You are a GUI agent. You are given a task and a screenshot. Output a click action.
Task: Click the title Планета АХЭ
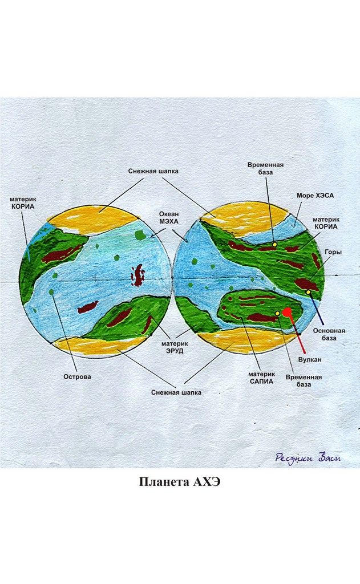(x=180, y=481)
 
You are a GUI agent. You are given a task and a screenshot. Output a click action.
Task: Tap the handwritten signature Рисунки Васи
(x=308, y=457)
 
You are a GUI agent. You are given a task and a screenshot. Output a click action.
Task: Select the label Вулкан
(x=310, y=360)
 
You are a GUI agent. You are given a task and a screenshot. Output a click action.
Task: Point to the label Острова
(x=77, y=376)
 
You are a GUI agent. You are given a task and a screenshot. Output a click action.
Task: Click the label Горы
(x=333, y=252)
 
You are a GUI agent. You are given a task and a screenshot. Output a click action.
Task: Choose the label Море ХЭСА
(x=315, y=196)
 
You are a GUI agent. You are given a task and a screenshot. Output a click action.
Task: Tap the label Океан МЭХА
(x=169, y=218)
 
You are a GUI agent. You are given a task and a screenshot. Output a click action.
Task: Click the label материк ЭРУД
(x=175, y=347)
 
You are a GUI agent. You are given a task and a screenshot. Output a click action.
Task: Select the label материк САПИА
(x=261, y=378)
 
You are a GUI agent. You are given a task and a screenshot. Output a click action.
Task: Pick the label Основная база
(x=329, y=334)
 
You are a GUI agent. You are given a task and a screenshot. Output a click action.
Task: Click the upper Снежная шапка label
(x=153, y=171)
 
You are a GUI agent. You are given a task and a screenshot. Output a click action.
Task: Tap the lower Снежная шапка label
(x=176, y=392)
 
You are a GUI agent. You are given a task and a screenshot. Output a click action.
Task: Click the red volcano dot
(x=287, y=312)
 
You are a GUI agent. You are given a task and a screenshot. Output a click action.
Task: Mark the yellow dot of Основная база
(x=308, y=292)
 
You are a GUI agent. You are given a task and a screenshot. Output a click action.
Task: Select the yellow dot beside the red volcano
(x=277, y=314)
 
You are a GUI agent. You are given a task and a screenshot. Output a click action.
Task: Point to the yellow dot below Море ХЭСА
(x=274, y=245)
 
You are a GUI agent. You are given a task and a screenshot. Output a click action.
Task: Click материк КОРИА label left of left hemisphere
(x=23, y=203)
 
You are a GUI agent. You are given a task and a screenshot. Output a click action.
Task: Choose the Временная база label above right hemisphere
(x=265, y=168)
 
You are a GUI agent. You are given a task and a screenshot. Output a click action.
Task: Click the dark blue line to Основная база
(x=316, y=309)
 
